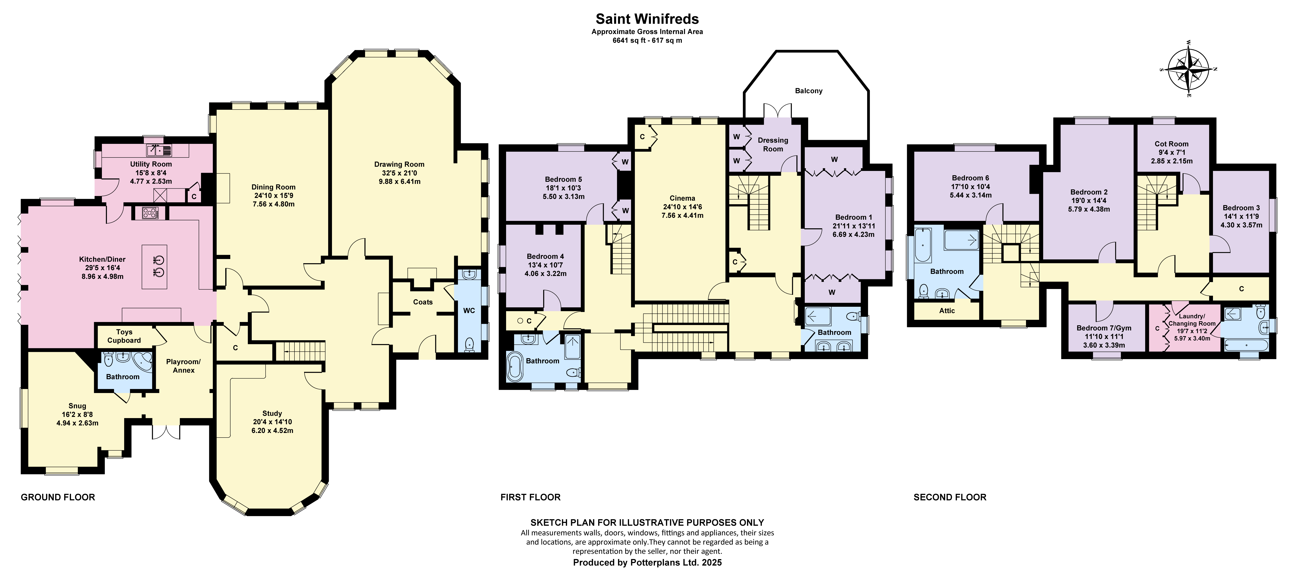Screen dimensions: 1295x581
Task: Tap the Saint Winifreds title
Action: (x=647, y=19)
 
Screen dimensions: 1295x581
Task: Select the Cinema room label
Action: (x=682, y=198)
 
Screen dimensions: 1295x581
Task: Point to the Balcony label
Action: (x=808, y=91)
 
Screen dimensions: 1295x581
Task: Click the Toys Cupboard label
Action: (x=124, y=336)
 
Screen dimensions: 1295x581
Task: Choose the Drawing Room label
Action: (x=399, y=164)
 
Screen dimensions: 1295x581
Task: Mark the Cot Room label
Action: (x=1171, y=144)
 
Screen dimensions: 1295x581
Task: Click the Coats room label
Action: (x=423, y=302)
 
